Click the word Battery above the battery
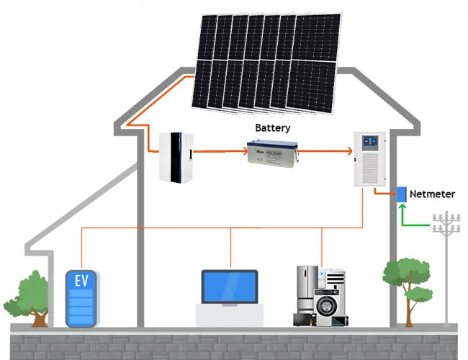(x=273, y=128)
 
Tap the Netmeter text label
(x=433, y=194)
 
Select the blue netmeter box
(x=401, y=194)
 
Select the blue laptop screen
(x=229, y=287)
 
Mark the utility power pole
(x=446, y=266)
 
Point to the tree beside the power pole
(x=406, y=285)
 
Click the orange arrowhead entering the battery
(x=242, y=152)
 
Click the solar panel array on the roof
(x=264, y=63)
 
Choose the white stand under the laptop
(x=229, y=313)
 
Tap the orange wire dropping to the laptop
(x=230, y=248)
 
